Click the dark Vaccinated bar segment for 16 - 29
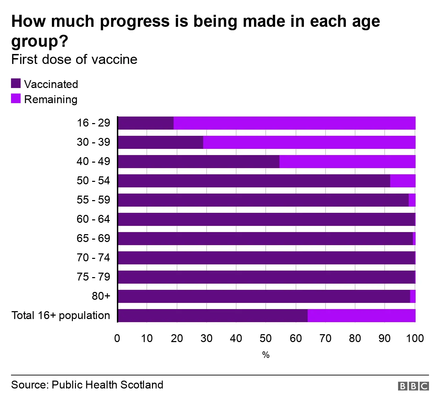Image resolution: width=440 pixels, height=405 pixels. coord(145,123)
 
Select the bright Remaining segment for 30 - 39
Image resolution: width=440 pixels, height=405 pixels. coord(309,142)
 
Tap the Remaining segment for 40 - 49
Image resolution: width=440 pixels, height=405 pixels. coord(347,162)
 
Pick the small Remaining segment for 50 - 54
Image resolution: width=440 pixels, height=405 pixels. coord(403,181)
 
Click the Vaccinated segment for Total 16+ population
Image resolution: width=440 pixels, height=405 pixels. coord(212,316)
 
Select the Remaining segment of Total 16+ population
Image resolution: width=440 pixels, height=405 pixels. coord(361,316)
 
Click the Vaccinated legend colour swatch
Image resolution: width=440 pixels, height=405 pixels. coord(16,84)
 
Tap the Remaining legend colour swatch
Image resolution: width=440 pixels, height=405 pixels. coord(16,99)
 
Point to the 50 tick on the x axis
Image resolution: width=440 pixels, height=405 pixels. coord(266,338)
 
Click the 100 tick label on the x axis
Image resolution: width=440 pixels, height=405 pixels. coord(415,338)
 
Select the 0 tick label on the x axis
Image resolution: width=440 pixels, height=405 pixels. coord(117,338)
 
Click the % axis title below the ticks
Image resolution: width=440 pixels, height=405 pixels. coord(266,355)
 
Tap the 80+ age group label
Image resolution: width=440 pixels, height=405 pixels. coord(101,296)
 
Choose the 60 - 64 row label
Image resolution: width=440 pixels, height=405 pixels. coord(93,219)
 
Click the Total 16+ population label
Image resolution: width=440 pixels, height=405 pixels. coord(61,315)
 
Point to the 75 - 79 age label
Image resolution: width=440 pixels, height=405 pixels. coord(93,277)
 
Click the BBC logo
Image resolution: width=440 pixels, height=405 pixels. coord(413,386)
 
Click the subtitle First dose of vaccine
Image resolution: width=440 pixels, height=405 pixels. coord(74,59)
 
